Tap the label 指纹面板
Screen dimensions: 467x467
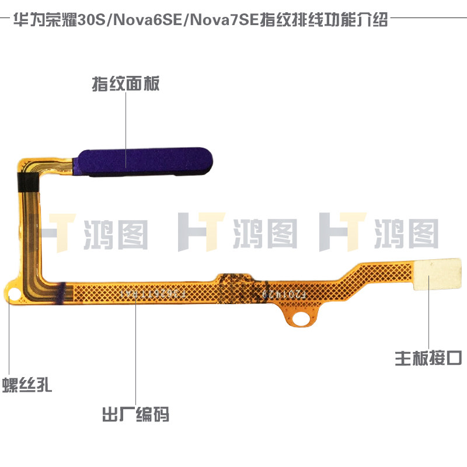coord(126,84)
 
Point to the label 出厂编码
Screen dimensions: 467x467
coord(135,416)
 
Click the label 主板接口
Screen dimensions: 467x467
coord(429,357)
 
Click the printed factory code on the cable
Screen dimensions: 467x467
coord(158,294)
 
